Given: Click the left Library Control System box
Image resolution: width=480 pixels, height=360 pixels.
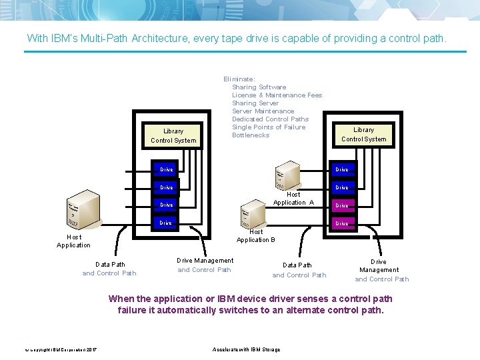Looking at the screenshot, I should (173, 135).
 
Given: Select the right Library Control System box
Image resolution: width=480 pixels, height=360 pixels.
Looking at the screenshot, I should (364, 135).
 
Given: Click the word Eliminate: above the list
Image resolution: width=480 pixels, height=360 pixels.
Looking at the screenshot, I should (239, 79).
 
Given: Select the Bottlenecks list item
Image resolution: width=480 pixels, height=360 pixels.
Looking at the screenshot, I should (251, 135).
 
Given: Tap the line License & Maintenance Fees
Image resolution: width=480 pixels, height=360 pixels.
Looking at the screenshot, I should (277, 95).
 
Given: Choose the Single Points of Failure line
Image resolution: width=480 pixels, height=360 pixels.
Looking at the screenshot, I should (269, 127).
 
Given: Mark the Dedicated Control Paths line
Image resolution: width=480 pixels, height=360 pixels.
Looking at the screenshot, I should (270, 119).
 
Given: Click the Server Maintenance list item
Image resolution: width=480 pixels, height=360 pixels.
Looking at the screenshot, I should (263, 111).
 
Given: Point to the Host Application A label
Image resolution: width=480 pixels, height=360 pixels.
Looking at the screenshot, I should (293, 199).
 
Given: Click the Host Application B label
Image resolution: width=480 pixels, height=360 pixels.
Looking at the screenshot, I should (256, 236).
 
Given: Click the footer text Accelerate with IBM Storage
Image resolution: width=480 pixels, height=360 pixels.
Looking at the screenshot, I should (246, 349).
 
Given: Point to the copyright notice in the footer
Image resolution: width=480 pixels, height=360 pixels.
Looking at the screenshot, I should (61, 350).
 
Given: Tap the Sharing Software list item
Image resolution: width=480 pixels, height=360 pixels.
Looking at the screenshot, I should (259, 87).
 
